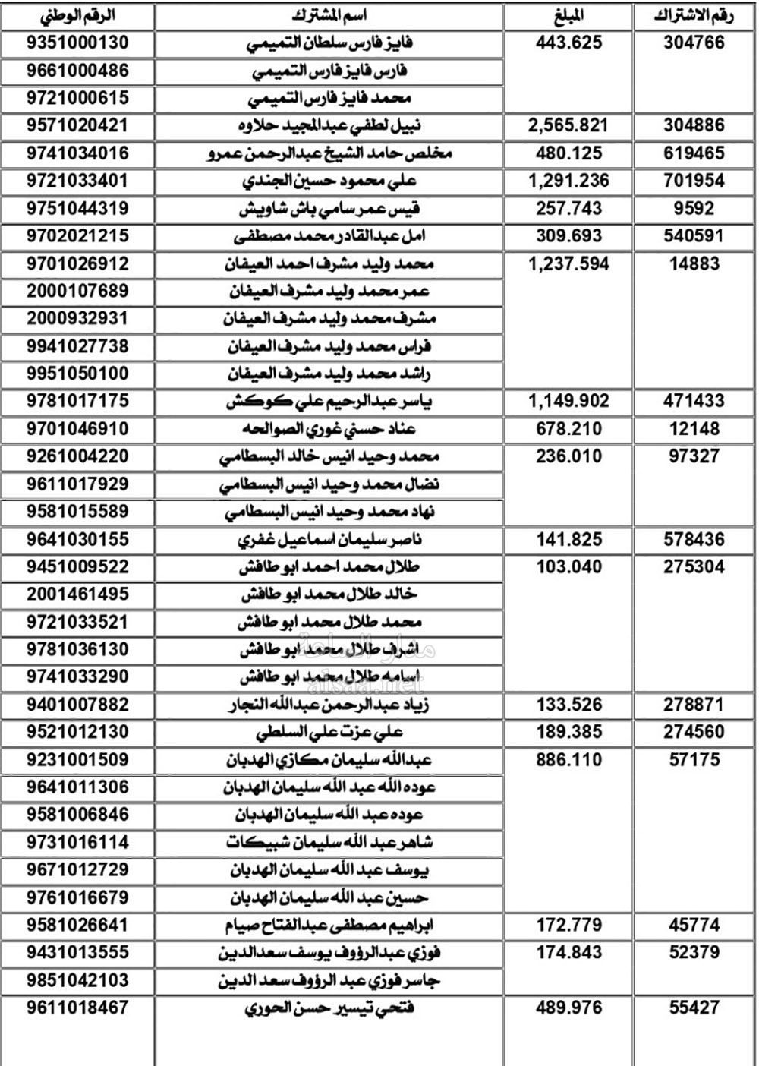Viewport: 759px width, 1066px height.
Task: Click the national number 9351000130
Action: [77, 43]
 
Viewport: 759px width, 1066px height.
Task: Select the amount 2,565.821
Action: [568, 125]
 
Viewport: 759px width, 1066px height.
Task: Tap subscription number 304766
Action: [694, 43]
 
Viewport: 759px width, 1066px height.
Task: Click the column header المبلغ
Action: [568, 16]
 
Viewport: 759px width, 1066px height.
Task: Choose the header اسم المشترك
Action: [329, 16]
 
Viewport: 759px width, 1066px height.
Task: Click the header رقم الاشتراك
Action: [694, 16]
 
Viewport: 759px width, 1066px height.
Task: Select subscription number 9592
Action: [694, 208]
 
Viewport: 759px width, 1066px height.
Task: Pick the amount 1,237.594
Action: [568, 263]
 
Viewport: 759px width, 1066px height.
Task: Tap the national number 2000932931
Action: [77, 319]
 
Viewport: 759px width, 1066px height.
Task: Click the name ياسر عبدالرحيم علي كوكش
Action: [329, 402]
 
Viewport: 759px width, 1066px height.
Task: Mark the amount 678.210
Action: [568, 429]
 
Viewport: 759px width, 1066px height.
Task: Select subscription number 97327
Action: [694, 456]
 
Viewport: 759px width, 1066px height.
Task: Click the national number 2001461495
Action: [77, 594]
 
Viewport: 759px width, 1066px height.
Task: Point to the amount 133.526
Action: [568, 705]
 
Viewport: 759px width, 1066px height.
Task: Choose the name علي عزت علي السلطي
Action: [329, 733]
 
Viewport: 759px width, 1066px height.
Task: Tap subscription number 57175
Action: [694, 760]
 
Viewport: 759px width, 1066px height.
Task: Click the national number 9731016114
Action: [77, 843]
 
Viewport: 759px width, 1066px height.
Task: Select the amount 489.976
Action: [568, 1008]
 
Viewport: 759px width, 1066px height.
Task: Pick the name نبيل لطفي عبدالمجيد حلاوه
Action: [329, 126]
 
